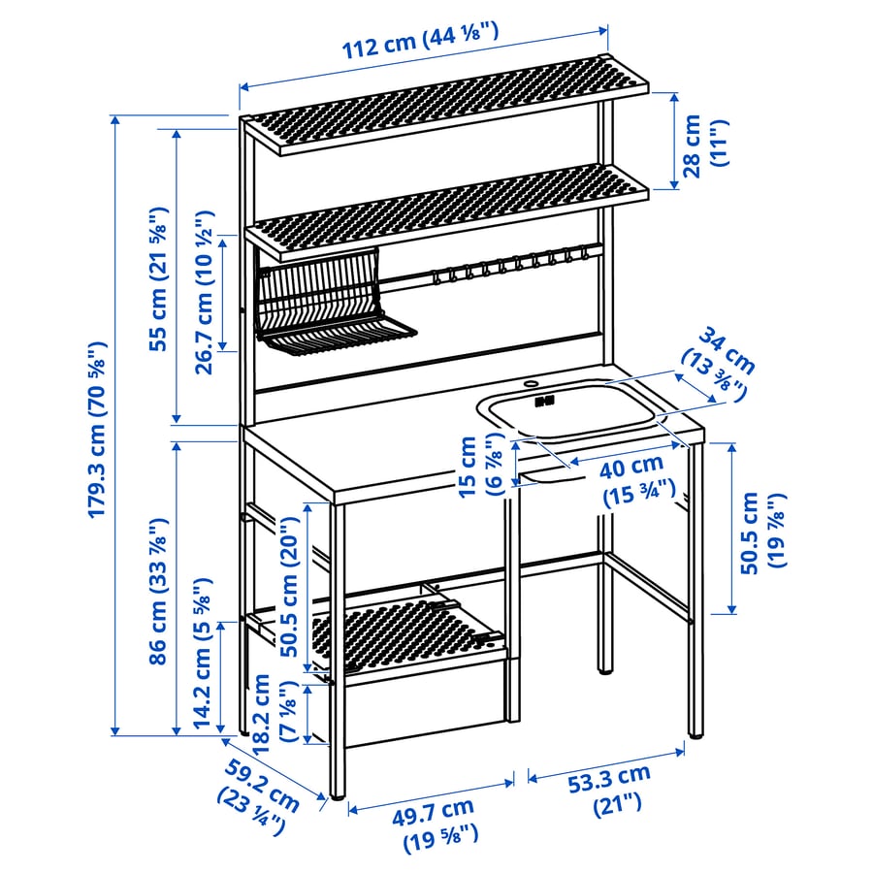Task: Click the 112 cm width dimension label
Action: pos(420,40)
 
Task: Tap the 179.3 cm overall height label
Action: pos(97,430)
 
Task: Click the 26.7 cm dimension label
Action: pos(205,292)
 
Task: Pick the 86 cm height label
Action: pos(159,592)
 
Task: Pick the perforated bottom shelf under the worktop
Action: pos(409,634)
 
